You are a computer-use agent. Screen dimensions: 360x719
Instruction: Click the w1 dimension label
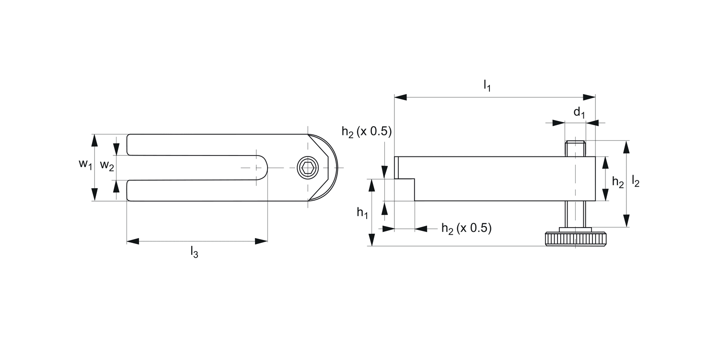tap(85, 165)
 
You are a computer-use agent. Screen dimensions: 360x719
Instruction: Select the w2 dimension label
tap(107, 166)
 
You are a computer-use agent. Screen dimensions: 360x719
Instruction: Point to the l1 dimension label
tap(487, 86)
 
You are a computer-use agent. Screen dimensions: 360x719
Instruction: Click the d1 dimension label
tap(580, 113)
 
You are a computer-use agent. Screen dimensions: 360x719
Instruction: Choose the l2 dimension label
tap(636, 181)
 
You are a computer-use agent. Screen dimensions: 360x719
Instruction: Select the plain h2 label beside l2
tap(618, 182)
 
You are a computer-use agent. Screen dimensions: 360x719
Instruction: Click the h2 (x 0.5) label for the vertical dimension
tap(367, 132)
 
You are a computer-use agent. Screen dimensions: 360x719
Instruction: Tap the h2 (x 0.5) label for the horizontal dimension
tap(466, 228)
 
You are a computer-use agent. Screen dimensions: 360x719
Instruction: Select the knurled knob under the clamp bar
tap(575, 239)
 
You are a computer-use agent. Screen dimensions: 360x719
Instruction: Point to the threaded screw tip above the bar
tap(575, 148)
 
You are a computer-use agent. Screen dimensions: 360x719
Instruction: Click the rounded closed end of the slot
tap(263, 168)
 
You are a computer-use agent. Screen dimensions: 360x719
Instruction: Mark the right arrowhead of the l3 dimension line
tap(261, 241)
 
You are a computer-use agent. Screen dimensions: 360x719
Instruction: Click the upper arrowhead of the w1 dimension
tap(95, 140)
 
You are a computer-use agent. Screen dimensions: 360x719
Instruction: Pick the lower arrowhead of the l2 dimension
tap(627, 221)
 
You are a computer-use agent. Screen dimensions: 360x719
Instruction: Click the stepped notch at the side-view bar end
tap(405, 189)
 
